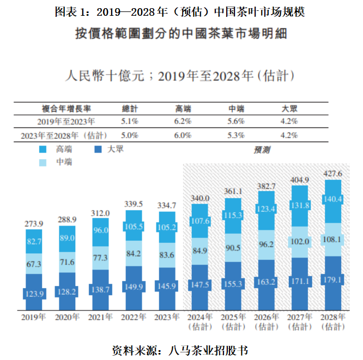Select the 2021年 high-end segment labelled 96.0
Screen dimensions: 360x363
[101, 230]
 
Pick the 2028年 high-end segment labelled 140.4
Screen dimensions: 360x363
[332, 199]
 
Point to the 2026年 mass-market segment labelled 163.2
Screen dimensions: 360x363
[267, 283]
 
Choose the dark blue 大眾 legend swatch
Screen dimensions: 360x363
[99, 149]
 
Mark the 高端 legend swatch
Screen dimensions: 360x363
[44, 149]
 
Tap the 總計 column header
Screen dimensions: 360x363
[130, 108]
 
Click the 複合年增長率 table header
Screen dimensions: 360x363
[65, 108]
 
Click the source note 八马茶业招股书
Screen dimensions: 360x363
[209, 349]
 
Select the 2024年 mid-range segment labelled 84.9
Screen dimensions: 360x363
[200, 251]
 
